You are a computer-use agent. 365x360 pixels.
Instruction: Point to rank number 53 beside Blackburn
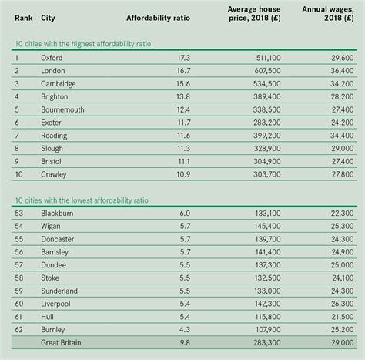[19, 213]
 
